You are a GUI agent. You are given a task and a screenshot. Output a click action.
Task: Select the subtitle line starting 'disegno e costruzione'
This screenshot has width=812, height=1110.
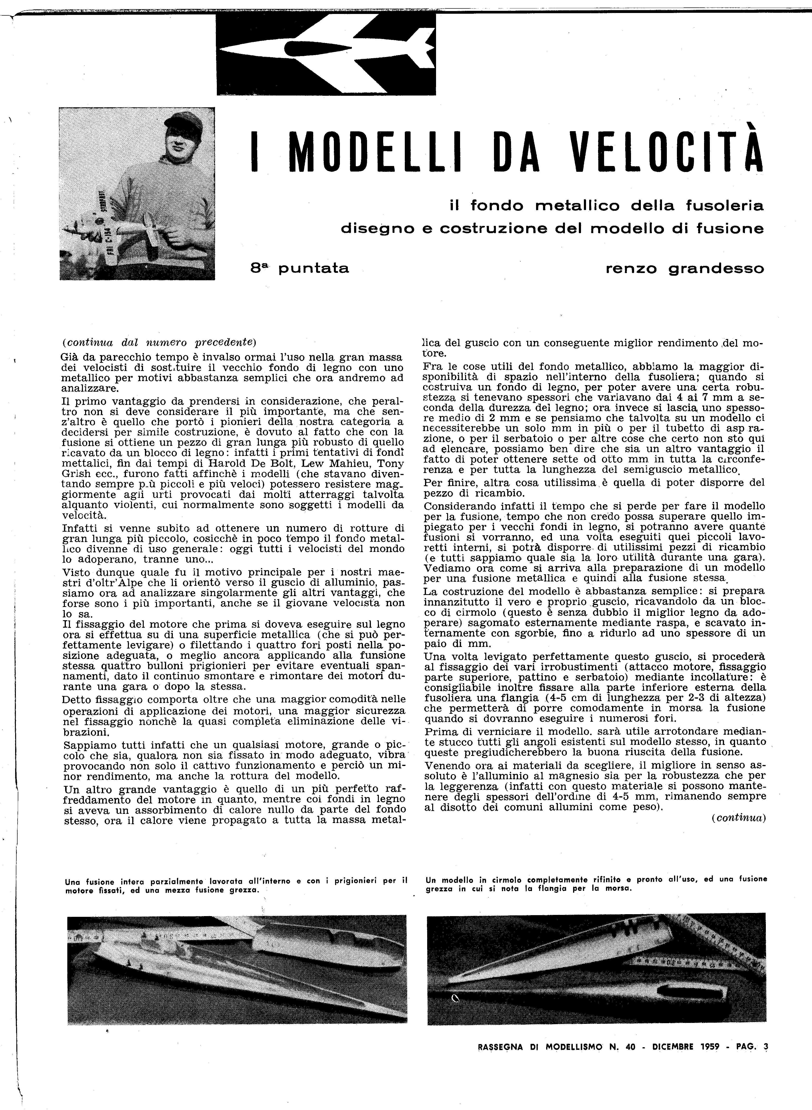pyautogui.click(x=552, y=229)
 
